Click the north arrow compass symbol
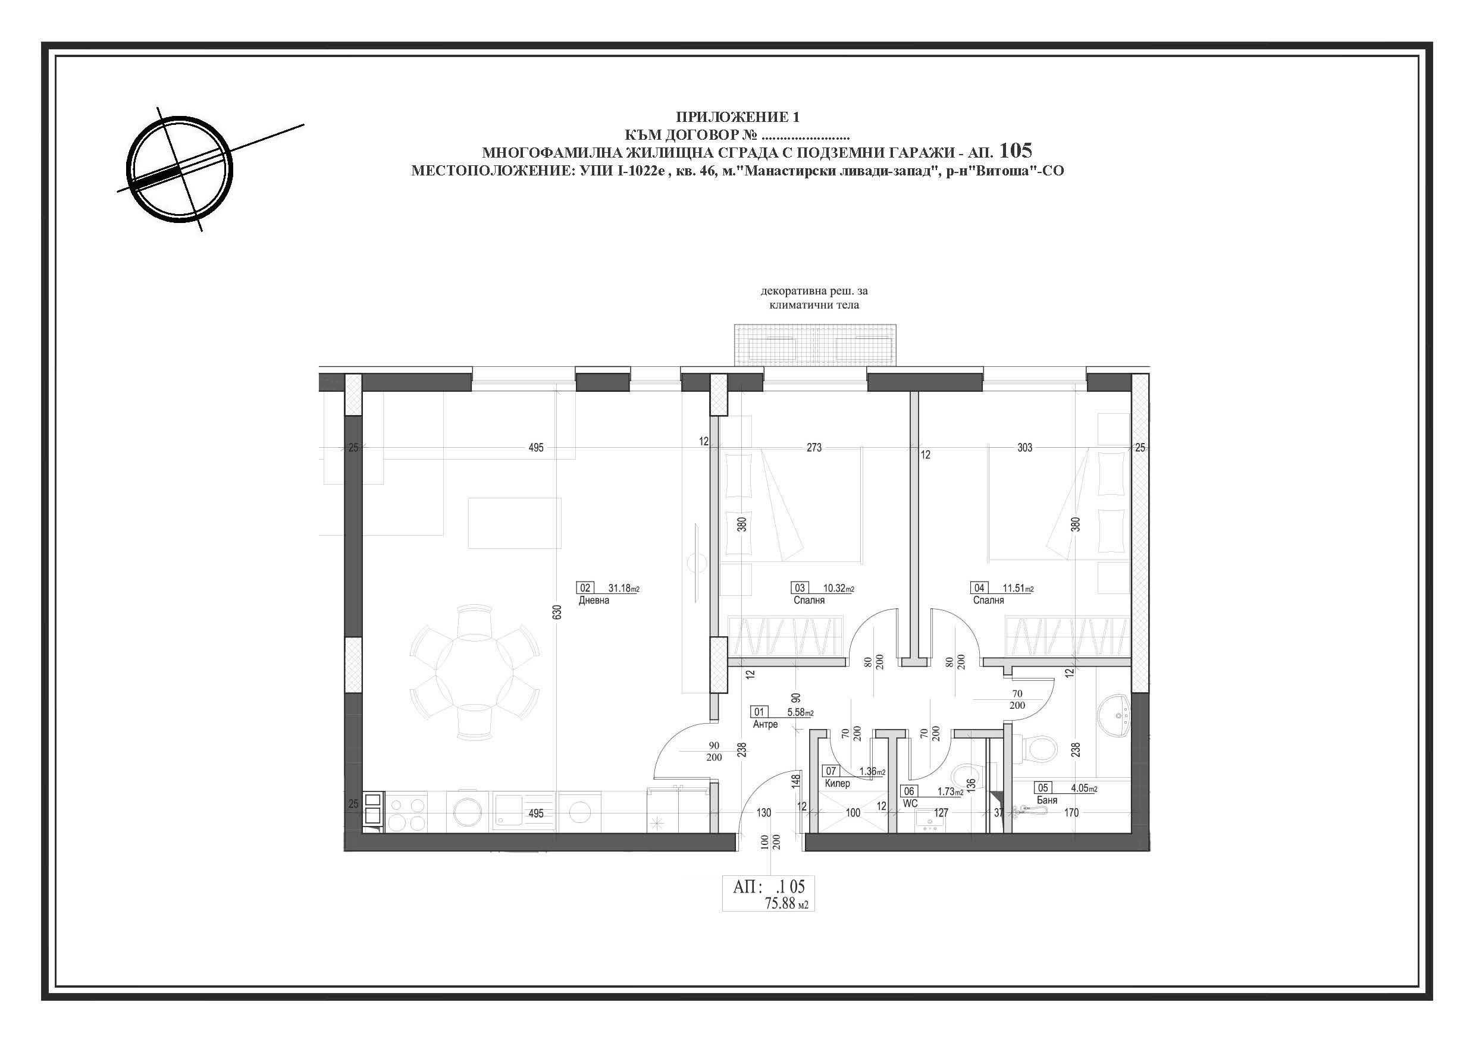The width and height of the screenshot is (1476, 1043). (179, 169)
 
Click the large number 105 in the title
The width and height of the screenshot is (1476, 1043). (1016, 150)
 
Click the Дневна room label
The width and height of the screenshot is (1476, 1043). (594, 600)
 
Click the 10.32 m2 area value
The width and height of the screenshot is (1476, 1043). (839, 588)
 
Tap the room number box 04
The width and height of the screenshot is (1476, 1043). (979, 588)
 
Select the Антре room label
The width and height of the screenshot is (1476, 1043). (766, 724)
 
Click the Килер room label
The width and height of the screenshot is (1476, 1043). (838, 783)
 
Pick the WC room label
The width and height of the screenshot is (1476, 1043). (910, 803)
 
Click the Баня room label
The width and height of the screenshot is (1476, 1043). (1047, 800)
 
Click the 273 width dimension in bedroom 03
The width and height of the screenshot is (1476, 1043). (814, 447)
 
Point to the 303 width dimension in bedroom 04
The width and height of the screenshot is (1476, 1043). (1024, 447)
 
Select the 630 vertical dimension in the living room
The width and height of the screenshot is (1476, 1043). (557, 612)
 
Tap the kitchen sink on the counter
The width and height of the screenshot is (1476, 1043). (524, 811)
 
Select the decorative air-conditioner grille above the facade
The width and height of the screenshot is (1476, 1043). (815, 345)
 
